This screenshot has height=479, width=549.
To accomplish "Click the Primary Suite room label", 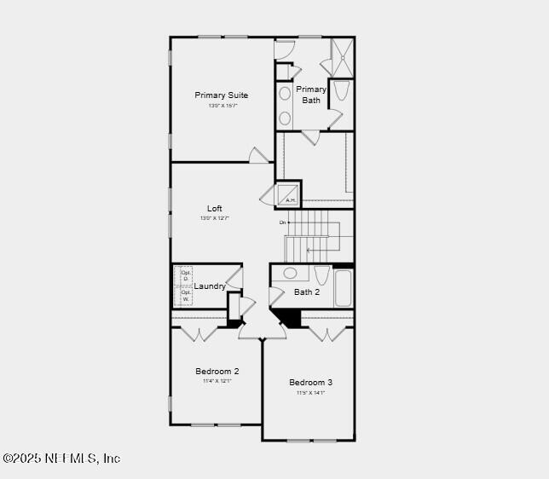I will (x=221, y=95).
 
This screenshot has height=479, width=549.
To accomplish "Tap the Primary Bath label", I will (x=311, y=95).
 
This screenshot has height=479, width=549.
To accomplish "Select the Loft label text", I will (x=215, y=208).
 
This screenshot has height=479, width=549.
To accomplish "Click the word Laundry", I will (x=210, y=286).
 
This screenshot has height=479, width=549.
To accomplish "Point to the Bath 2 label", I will (x=307, y=292).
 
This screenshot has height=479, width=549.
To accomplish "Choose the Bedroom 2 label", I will (x=217, y=371).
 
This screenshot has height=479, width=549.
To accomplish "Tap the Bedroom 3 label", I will (x=310, y=382).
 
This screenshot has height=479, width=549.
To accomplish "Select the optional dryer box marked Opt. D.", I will (x=184, y=275).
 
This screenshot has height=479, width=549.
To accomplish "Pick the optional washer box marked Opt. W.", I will (x=184, y=296).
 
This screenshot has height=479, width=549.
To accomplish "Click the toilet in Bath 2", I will (x=321, y=274).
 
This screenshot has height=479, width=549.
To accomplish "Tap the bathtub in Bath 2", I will (x=344, y=287).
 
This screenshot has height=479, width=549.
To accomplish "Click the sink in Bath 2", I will (x=290, y=274).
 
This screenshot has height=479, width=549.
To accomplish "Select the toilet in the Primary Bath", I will (x=340, y=90).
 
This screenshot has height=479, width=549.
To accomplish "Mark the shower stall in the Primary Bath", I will (x=343, y=56).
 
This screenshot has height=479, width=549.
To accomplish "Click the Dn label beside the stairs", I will (x=282, y=222).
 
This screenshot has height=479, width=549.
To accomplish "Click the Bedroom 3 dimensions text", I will (x=310, y=392).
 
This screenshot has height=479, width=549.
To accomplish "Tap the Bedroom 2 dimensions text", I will (x=217, y=381).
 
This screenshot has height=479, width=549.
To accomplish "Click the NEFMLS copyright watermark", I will (x=61, y=459).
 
